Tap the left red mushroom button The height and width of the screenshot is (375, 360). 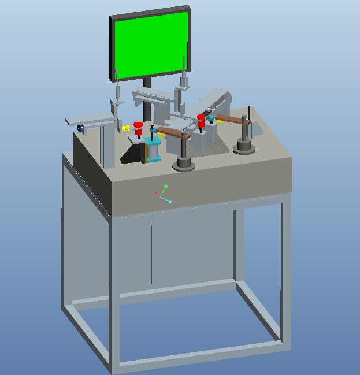[138, 125]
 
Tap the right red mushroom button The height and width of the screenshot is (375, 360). [201, 119]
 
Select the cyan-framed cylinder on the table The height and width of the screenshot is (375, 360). [154, 150]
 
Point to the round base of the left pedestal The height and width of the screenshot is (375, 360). [184, 165]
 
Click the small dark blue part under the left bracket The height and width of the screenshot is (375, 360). [80, 127]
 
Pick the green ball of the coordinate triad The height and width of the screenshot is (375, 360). [166, 186]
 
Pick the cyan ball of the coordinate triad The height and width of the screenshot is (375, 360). [170, 202]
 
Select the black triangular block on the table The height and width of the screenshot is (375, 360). [134, 154]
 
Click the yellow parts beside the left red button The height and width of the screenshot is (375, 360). [126, 128]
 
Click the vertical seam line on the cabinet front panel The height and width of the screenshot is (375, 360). [151, 254]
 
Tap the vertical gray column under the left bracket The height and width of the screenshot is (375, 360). [107, 144]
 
